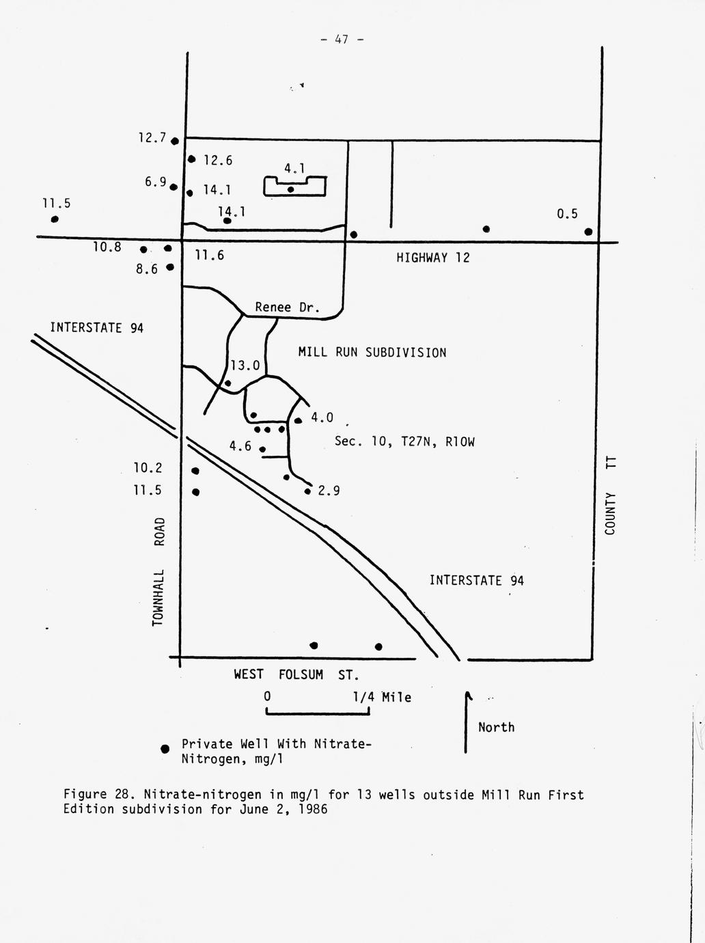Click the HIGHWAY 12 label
(x=433, y=258)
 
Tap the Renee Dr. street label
(x=287, y=307)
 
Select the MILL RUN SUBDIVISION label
(x=372, y=353)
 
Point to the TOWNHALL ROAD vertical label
(x=158, y=571)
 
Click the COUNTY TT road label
(x=610, y=496)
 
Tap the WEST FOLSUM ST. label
(x=296, y=674)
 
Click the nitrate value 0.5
(x=567, y=214)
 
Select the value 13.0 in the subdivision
(x=245, y=366)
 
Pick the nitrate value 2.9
(x=329, y=490)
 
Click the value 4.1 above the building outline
(x=294, y=168)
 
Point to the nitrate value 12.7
(x=152, y=137)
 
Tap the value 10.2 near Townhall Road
(x=148, y=468)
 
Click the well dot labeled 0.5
(x=588, y=232)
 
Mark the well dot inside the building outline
(x=290, y=189)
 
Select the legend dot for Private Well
(x=165, y=749)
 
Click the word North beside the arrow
(x=496, y=727)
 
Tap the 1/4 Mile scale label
(x=382, y=697)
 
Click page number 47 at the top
(x=342, y=40)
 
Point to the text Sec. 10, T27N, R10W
(x=404, y=441)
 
